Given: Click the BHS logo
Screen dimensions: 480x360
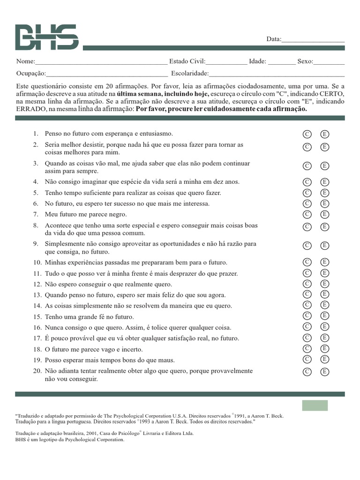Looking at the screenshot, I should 46,37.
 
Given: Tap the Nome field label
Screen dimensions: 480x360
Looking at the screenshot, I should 25,61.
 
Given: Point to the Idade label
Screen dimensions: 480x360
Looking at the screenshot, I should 257,61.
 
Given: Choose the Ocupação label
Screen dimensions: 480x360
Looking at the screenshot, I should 31,73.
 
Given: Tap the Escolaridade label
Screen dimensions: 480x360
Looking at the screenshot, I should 189,73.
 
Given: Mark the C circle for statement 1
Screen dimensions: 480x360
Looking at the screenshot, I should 307,135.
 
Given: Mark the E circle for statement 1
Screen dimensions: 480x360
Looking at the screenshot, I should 325,135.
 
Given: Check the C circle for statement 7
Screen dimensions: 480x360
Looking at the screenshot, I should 307,214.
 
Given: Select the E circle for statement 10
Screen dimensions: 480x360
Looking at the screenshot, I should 325,262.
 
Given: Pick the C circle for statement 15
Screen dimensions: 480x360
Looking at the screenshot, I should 307,315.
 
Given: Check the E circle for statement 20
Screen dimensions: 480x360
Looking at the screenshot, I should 325,372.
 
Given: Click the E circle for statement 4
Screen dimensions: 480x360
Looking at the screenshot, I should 325,182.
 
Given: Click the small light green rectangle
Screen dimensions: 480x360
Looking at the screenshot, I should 315,405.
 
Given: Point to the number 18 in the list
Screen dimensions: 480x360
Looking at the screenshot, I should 37,350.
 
